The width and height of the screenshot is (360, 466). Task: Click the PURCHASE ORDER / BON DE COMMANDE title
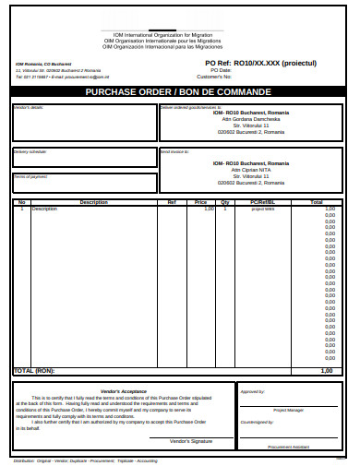tap(178, 92)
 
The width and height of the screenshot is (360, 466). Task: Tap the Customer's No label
tap(225, 76)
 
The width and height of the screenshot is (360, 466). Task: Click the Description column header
tap(93, 201)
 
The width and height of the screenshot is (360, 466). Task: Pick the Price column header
tap(201, 201)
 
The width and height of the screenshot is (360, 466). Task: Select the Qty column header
tap(224, 201)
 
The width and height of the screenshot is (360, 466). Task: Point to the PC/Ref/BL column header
tap(262, 201)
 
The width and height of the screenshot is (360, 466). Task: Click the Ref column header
tap(171, 201)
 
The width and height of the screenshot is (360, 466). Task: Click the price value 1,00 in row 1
tap(209, 209)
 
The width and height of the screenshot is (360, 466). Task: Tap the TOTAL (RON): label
tap(34, 370)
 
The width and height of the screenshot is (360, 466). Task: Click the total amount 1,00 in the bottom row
tap(326, 370)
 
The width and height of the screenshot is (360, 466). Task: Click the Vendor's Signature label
tap(191, 440)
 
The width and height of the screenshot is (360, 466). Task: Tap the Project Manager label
tap(287, 410)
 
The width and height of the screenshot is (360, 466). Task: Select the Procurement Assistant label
tap(288, 446)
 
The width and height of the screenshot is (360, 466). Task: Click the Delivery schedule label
tap(30, 150)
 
